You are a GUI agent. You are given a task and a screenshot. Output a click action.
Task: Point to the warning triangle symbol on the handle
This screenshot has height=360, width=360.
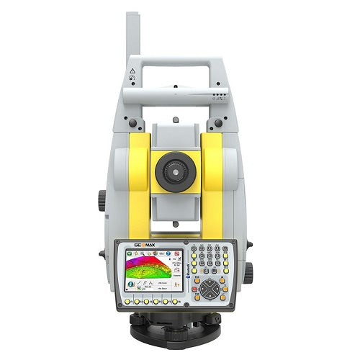tap(132, 72)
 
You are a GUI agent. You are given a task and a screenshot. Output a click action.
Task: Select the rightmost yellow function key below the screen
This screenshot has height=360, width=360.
tap(174, 301)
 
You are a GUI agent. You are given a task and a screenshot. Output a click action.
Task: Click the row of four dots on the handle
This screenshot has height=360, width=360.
tap(218, 93)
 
